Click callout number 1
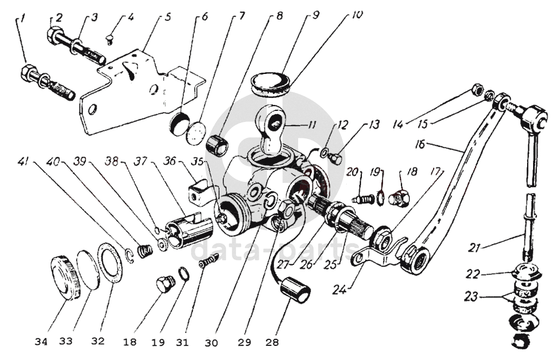click(x=23, y=20)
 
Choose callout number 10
click(x=357, y=15)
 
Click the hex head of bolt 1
click(x=29, y=72)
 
